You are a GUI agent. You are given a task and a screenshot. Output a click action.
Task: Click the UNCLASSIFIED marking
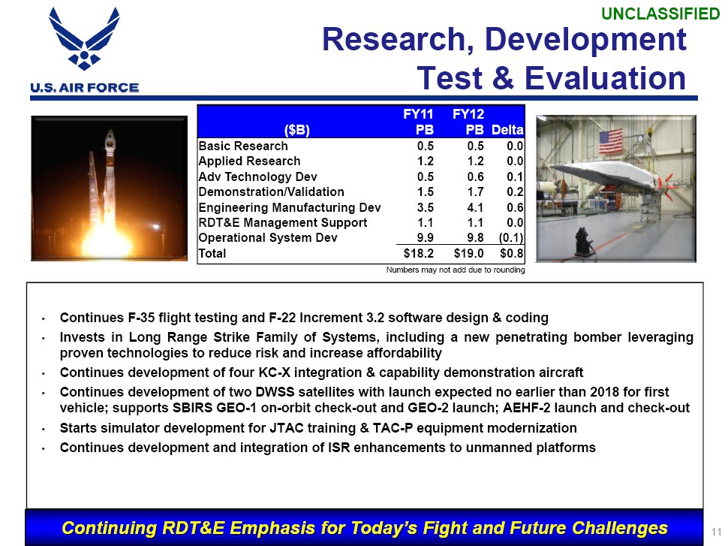(x=660, y=14)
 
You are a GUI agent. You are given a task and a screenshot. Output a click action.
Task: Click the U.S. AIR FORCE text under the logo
(x=85, y=87)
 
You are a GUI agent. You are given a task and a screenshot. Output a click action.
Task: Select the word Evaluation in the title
(x=605, y=77)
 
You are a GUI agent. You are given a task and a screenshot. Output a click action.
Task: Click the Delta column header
(x=507, y=130)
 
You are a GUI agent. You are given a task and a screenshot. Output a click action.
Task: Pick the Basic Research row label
(x=243, y=146)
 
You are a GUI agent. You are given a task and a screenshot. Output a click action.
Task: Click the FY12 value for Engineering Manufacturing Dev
(x=475, y=207)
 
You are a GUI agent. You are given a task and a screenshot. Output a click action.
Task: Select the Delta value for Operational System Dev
(x=510, y=237)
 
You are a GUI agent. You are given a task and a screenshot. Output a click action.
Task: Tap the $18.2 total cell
(x=418, y=253)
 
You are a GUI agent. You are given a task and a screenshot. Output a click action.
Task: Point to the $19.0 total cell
(x=468, y=253)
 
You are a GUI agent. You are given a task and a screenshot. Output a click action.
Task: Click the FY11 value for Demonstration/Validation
(x=426, y=192)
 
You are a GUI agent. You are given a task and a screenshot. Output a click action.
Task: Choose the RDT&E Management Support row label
(x=282, y=222)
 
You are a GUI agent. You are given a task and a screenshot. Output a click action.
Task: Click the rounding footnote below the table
(x=456, y=270)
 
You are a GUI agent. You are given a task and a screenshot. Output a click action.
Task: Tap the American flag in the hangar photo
(x=610, y=141)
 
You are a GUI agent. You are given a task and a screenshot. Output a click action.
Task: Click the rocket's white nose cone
(x=110, y=138)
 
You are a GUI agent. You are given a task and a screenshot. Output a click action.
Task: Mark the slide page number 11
(x=716, y=532)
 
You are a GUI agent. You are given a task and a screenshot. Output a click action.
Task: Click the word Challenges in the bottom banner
(x=619, y=528)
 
